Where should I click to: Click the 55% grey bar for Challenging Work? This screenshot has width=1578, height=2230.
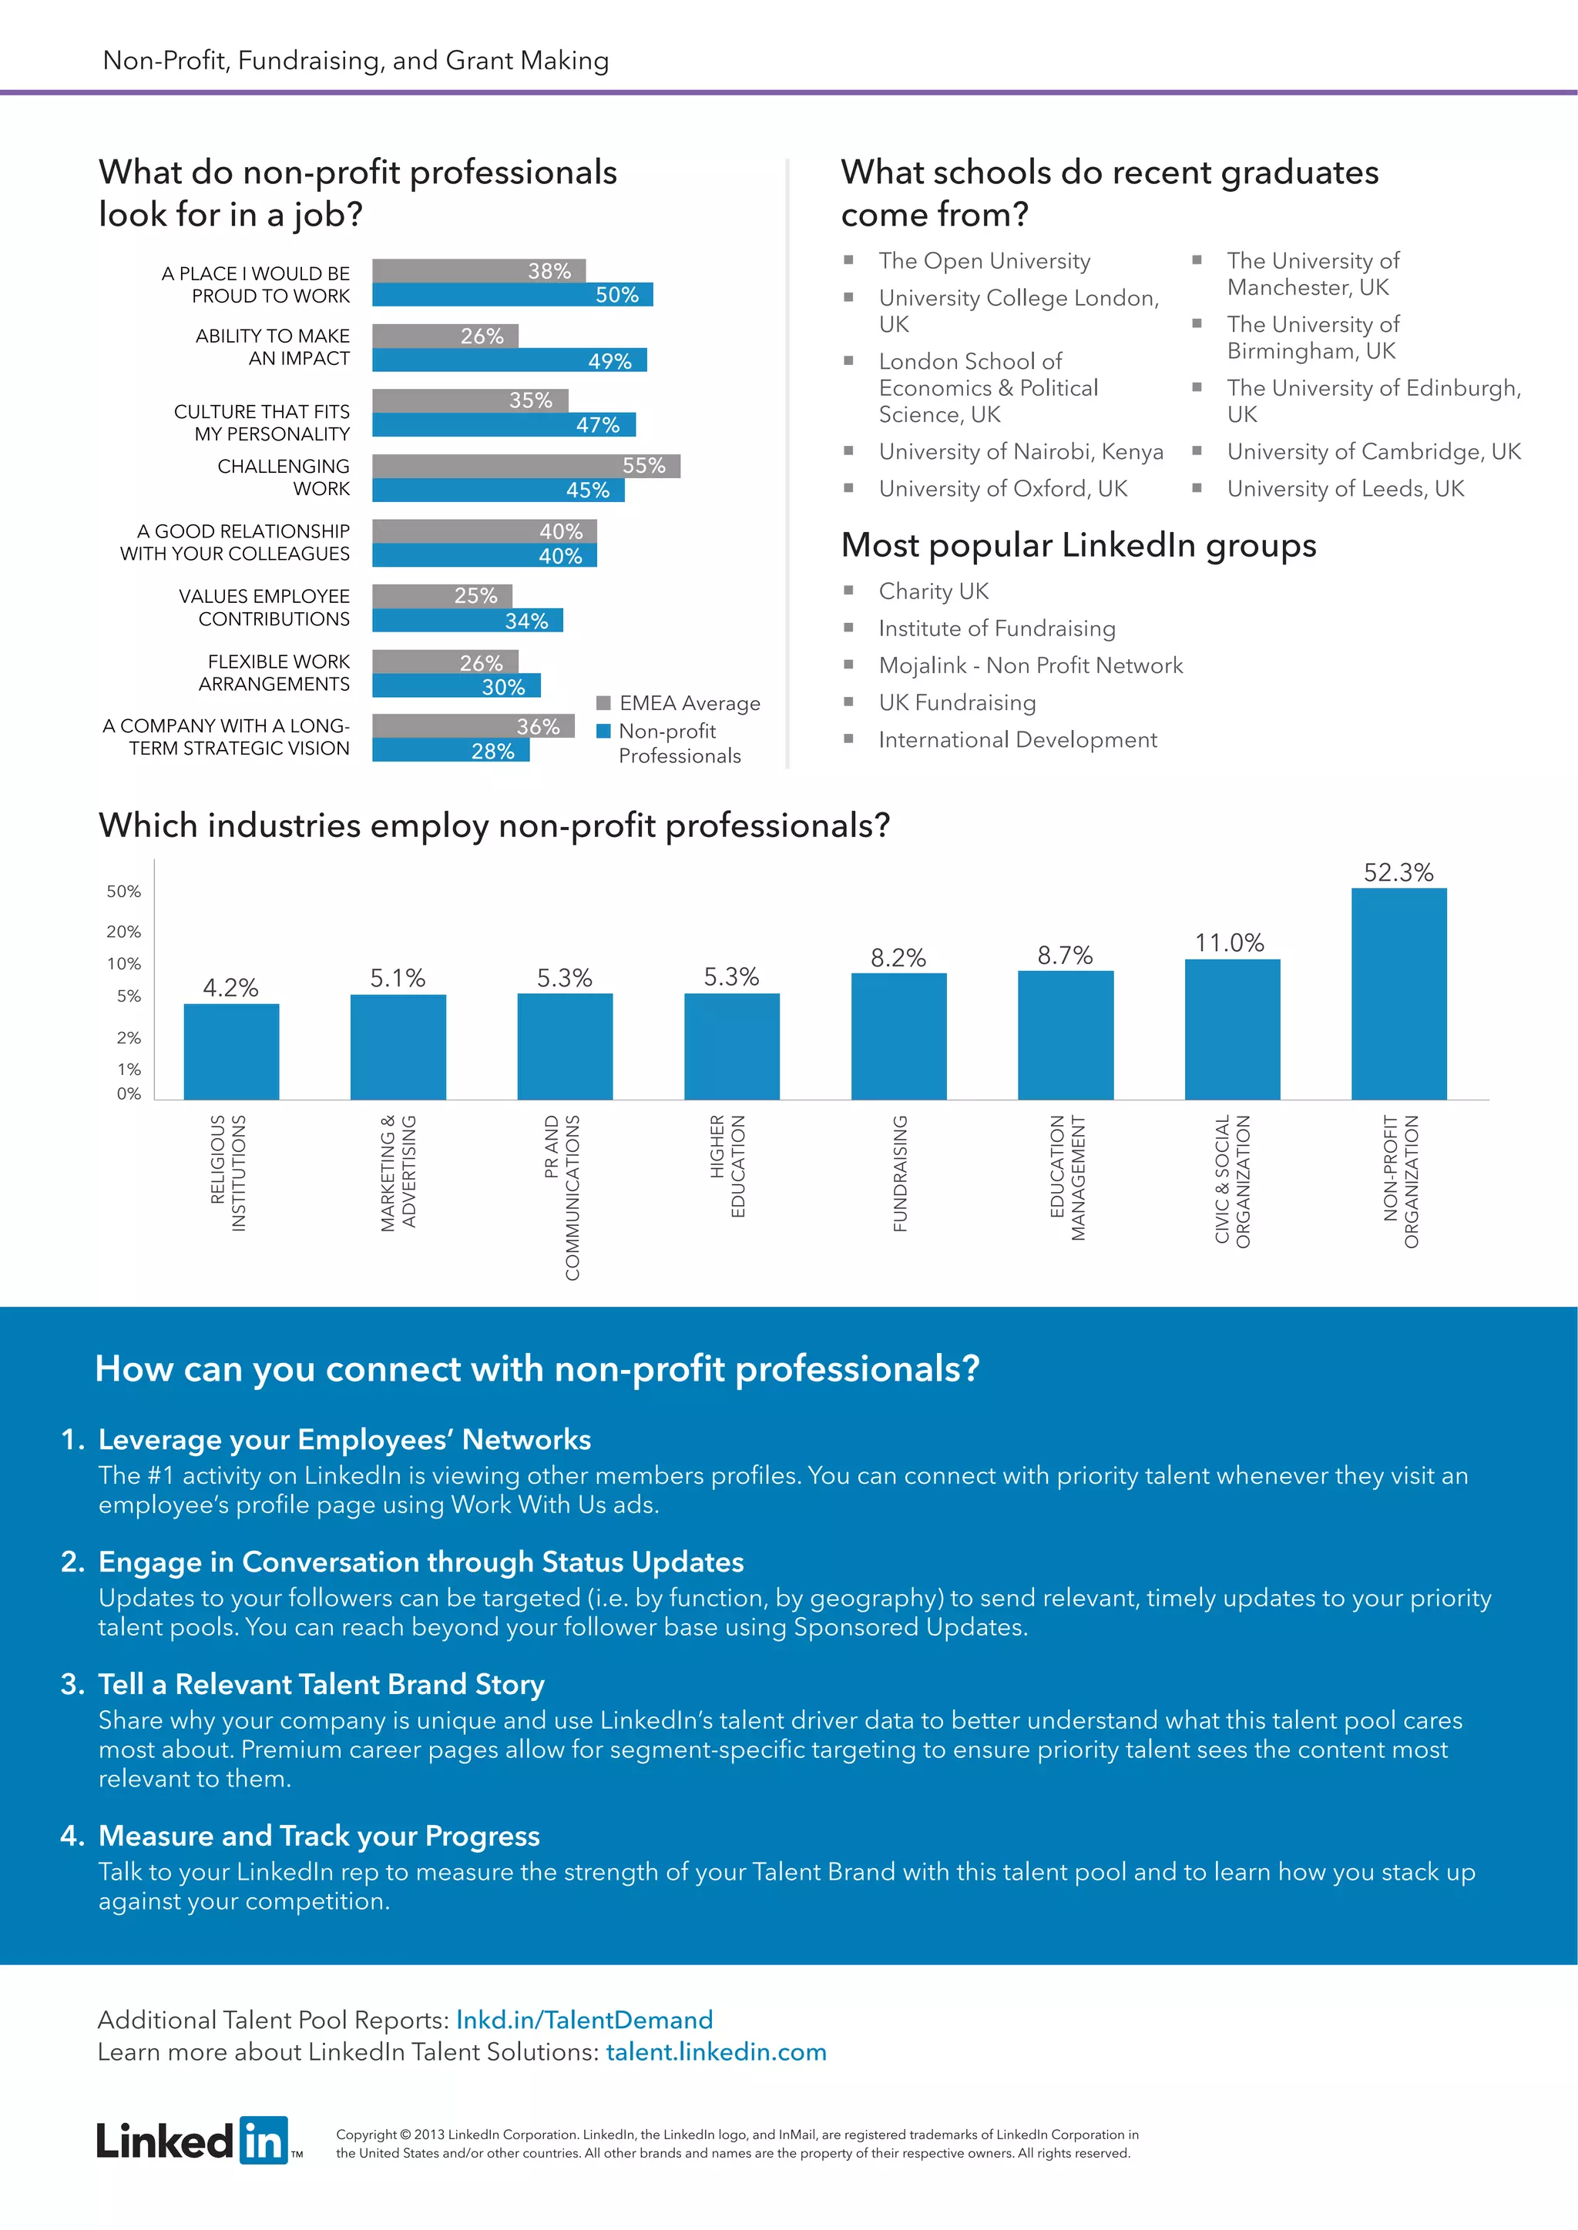click(x=525, y=466)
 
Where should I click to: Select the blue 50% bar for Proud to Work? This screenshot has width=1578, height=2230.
click(x=512, y=294)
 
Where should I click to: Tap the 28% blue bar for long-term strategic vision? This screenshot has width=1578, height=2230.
click(x=451, y=751)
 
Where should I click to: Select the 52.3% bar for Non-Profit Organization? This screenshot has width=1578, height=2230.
click(x=1398, y=993)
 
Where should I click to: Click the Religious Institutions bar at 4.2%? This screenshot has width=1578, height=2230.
click(x=231, y=1051)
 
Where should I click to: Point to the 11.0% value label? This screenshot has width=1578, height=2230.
click(x=1229, y=943)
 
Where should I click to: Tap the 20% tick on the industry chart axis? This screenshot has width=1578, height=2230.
click(x=123, y=932)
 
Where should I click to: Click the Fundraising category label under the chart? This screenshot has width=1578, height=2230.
click(x=900, y=1174)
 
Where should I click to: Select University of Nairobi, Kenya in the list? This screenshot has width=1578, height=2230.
click(x=1020, y=452)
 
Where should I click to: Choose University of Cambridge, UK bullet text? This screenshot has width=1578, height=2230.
click(x=1373, y=452)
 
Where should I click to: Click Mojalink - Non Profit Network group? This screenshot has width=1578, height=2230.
click(x=1030, y=665)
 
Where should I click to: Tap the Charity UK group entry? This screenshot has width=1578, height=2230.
click(x=933, y=591)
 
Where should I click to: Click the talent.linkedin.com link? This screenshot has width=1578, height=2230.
click(x=716, y=2051)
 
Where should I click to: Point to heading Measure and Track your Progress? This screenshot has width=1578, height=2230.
click(x=319, y=1836)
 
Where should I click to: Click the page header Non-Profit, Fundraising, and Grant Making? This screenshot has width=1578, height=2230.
click(x=356, y=60)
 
